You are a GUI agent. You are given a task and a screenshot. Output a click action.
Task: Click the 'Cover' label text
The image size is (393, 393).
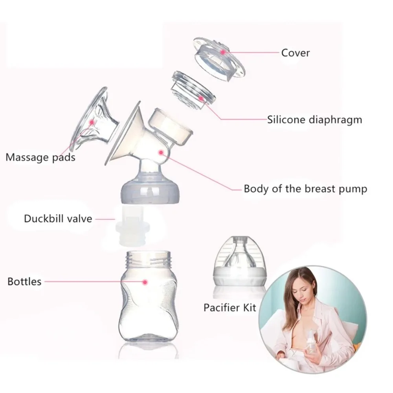[295, 53]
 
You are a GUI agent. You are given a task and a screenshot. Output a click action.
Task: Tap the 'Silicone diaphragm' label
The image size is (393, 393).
[314, 119]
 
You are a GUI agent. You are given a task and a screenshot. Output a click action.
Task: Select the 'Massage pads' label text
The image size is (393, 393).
[40, 158]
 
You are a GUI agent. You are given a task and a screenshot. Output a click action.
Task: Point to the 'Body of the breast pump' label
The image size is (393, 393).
[305, 189]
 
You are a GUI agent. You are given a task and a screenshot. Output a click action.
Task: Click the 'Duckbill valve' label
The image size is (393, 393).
[58, 219]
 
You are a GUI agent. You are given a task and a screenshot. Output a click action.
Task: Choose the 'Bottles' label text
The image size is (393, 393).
[24, 281]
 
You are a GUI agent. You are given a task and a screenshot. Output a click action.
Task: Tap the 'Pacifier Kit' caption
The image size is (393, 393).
[230, 307]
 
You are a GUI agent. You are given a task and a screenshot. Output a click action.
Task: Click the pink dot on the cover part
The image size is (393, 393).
[223, 51]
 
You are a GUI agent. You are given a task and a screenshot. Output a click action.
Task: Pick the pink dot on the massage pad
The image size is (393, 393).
[93, 122]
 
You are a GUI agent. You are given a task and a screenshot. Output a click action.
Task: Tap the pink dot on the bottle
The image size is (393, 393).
[145, 282]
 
